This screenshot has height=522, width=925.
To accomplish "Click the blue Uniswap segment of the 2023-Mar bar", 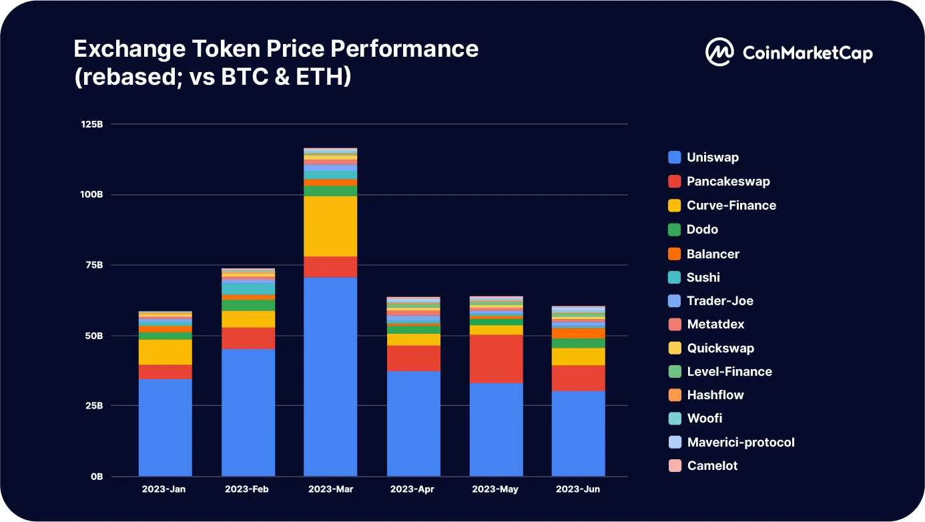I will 330,376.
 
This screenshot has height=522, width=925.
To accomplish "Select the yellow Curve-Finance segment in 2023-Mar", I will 330,226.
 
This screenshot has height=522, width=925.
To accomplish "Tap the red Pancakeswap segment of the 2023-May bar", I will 496,358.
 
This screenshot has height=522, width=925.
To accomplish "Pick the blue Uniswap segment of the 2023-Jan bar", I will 165,427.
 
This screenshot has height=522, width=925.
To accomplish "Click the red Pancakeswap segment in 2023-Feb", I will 248,338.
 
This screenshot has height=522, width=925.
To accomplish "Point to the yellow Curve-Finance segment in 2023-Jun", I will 578,356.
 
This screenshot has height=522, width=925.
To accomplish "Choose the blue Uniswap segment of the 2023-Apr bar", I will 413,423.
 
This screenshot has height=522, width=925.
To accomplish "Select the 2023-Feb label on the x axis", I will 247,489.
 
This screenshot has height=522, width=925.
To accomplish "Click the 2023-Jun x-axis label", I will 578,489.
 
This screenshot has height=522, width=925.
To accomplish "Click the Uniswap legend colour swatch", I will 675,158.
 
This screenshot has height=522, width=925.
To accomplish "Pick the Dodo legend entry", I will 702,230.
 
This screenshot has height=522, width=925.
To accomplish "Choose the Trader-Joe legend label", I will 719,301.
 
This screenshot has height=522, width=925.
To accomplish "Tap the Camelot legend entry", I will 712,466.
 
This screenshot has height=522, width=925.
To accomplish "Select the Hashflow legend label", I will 715,395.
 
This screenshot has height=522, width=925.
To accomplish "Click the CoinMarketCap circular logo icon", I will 719,52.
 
